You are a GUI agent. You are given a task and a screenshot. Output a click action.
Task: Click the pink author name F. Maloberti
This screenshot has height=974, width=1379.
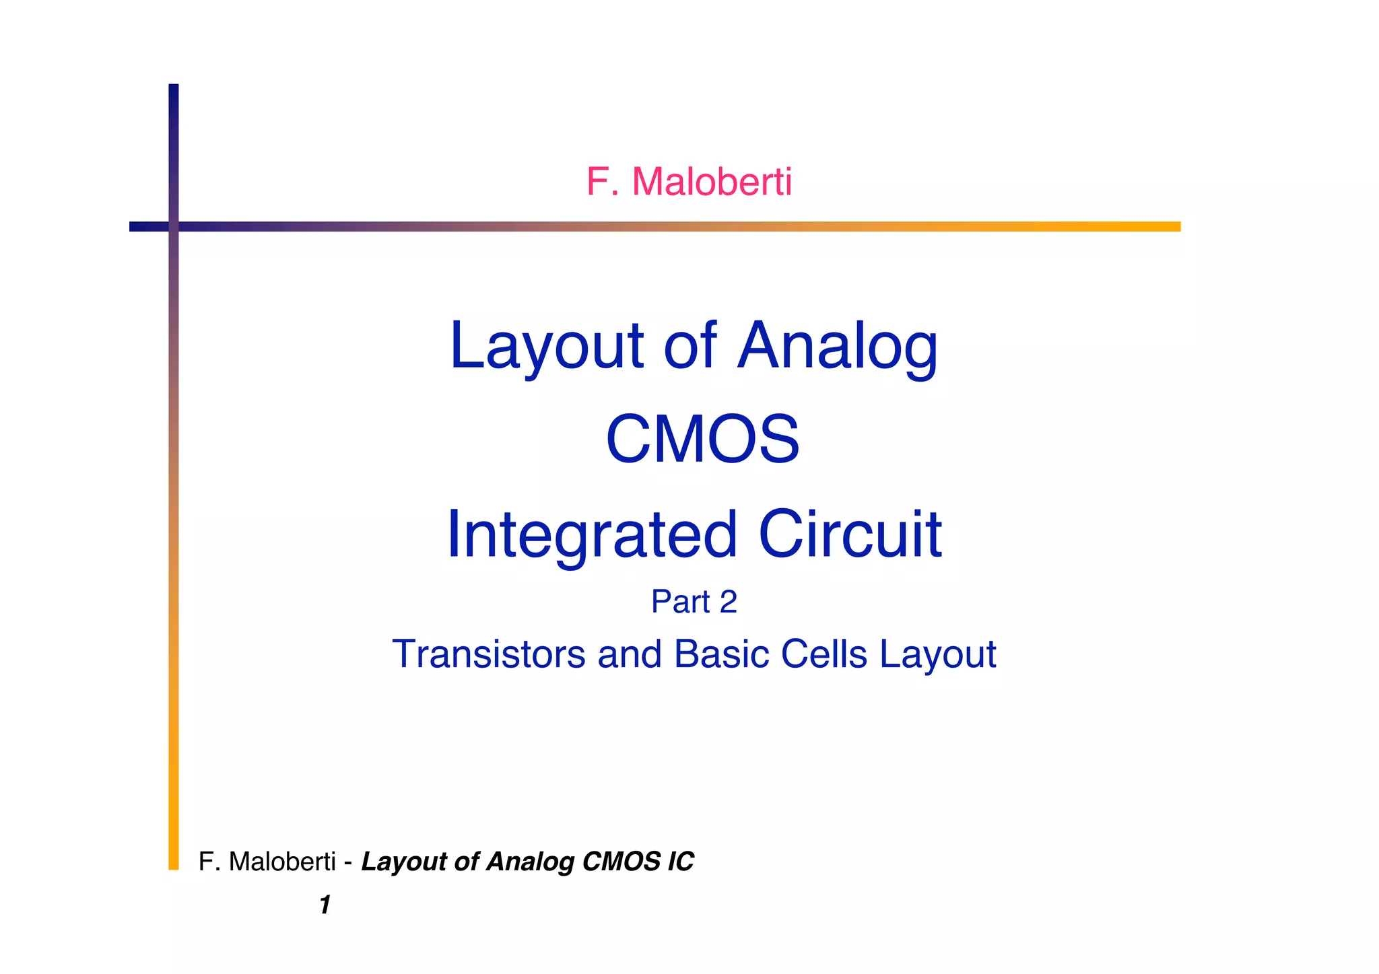689,182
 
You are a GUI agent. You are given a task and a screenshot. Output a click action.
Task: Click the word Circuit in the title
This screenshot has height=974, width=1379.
850,534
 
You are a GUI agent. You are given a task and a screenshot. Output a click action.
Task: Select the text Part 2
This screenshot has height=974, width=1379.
694,601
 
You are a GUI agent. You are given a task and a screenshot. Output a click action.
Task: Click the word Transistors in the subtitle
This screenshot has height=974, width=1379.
489,654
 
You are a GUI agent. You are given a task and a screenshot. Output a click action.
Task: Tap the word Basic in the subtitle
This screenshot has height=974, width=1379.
721,654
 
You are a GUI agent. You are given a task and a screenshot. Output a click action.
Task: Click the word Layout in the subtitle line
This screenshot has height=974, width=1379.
938,654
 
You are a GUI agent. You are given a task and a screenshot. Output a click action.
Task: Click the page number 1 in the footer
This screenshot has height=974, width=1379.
325,905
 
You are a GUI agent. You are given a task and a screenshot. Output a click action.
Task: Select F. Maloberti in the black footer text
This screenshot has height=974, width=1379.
267,862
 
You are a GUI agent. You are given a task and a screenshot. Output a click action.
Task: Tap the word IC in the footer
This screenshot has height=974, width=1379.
680,862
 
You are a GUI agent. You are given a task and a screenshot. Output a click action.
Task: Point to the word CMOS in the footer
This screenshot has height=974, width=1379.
621,862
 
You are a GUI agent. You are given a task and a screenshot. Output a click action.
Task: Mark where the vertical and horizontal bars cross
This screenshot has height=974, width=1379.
174,226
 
